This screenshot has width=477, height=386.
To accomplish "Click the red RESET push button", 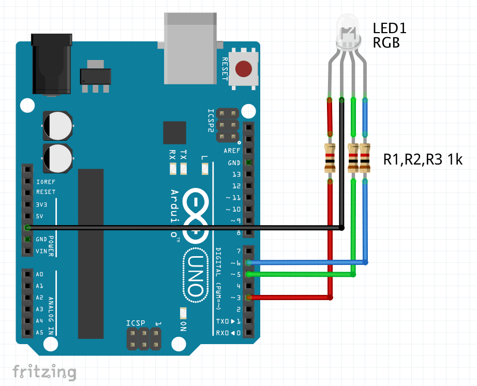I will coord(244,69).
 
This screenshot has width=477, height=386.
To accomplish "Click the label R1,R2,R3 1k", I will coord(422,160).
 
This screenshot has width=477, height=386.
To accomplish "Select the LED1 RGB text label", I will coord(389,35).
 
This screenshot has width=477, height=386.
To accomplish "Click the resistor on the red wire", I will coord(330,158).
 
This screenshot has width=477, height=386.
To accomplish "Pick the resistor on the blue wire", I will coord(365,158).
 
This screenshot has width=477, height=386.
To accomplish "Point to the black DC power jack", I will coord(51,65).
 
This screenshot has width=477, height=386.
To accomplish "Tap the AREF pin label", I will coord(232,151).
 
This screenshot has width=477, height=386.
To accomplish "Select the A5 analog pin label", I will coord(40,333).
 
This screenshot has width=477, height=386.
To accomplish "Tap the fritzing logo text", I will coord(44,372).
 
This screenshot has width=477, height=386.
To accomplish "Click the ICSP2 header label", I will coord(211,121).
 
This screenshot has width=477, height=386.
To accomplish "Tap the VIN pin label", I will coord(42,251).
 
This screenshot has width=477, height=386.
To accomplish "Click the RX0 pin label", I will coord(228,333).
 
